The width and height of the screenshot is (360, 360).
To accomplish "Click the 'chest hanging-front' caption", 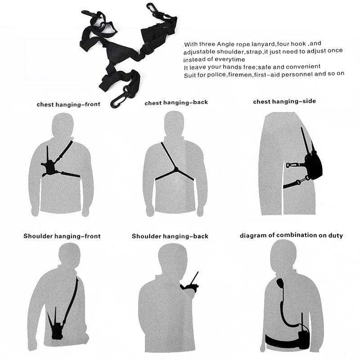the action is tap(68, 104).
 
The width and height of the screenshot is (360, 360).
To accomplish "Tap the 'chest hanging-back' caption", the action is tap(176, 103).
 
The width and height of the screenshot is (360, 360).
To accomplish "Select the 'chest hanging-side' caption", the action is tap(284, 102).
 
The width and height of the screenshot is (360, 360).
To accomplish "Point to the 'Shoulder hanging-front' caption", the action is tap(62, 236).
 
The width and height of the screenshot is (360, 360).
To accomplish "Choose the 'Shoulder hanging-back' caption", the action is tap(170, 236).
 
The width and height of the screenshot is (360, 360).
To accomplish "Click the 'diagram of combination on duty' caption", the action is tap(291, 235).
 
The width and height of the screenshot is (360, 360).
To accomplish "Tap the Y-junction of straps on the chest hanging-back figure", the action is tap(176, 170).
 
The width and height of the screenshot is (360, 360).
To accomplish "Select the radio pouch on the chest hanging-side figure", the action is tap(313, 165).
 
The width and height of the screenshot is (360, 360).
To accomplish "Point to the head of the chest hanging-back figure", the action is tap(174, 124).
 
